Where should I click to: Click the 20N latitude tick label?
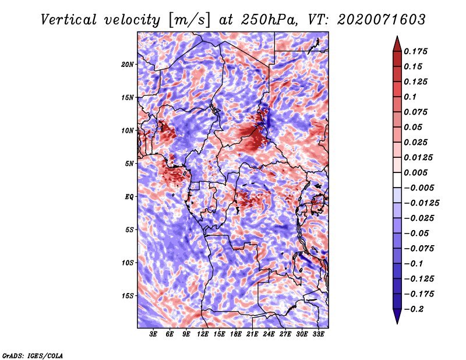[x=128, y=65]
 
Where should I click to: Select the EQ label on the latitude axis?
[x=129, y=197]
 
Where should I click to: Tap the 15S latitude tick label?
[x=128, y=296]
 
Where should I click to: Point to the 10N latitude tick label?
[x=128, y=131]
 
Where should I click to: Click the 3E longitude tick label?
[x=153, y=334]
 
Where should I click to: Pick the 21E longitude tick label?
[x=252, y=334]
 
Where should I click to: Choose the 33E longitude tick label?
[x=318, y=334]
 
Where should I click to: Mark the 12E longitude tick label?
[x=203, y=334]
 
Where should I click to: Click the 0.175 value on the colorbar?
[x=415, y=51]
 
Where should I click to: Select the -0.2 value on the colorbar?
[x=414, y=309]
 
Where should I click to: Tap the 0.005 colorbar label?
[x=415, y=172]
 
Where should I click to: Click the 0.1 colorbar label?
[x=410, y=97]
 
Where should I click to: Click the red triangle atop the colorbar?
[x=397, y=44]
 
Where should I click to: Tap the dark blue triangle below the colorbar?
[x=397, y=316]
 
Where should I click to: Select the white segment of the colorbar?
[x=397, y=180]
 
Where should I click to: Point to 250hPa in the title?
[x=269, y=20]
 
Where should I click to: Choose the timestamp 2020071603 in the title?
[x=382, y=20]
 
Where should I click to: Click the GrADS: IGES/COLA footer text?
[x=33, y=356]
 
